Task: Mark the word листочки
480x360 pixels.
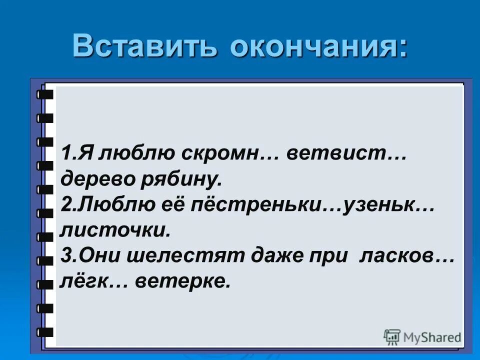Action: (x=115, y=230)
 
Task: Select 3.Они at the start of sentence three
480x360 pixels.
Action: (x=87, y=256)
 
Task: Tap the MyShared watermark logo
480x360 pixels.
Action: (x=422, y=337)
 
